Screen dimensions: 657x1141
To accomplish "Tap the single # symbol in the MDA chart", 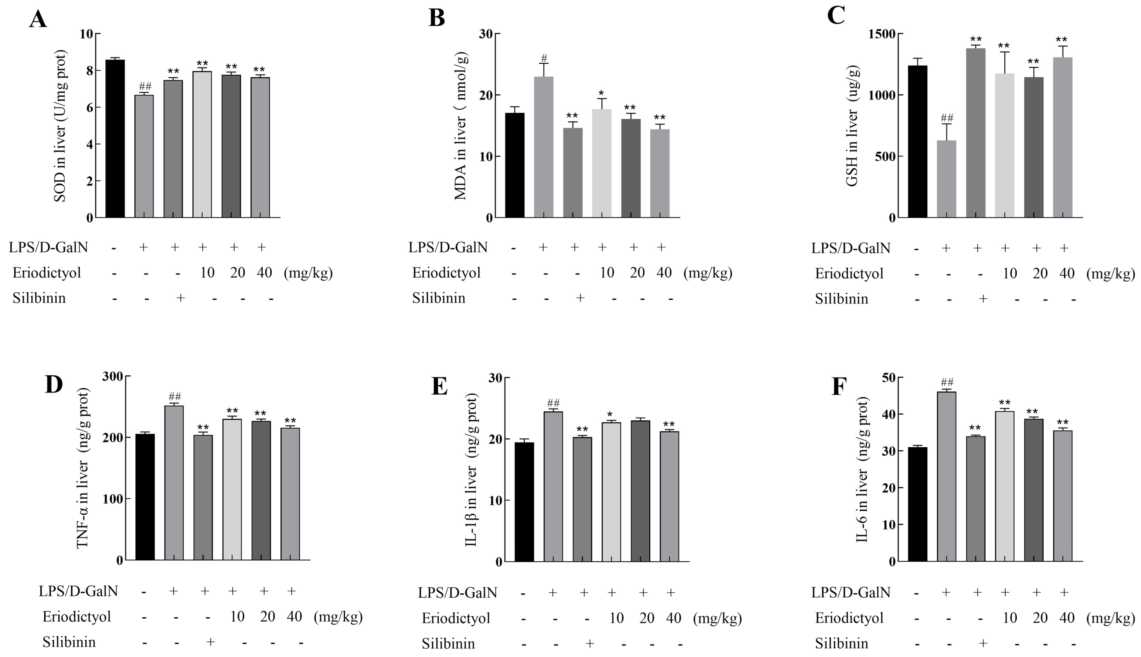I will pos(544,58).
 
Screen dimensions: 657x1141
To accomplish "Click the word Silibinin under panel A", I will pos(39,298).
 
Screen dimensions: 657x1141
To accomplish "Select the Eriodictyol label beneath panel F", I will pos(849,618).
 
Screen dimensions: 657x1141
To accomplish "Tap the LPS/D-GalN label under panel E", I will pos(457,593).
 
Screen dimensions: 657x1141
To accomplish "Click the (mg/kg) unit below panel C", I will pos(1110,273).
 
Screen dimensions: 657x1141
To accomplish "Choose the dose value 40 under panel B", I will pos(664,273).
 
